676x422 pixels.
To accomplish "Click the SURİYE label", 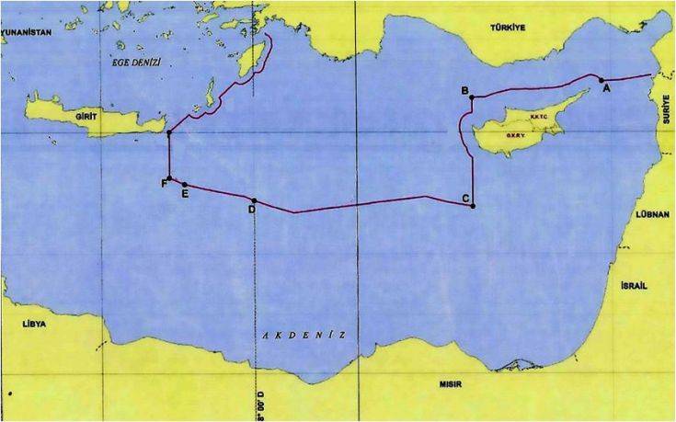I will (666, 113).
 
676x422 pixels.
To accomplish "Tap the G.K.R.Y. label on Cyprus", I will (515, 136).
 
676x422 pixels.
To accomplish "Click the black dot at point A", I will (600, 79).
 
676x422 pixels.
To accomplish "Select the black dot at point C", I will (472, 206).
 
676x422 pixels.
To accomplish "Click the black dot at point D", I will (254, 201).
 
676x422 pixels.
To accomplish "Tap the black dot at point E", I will (184, 184).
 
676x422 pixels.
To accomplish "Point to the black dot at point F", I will (169, 178).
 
